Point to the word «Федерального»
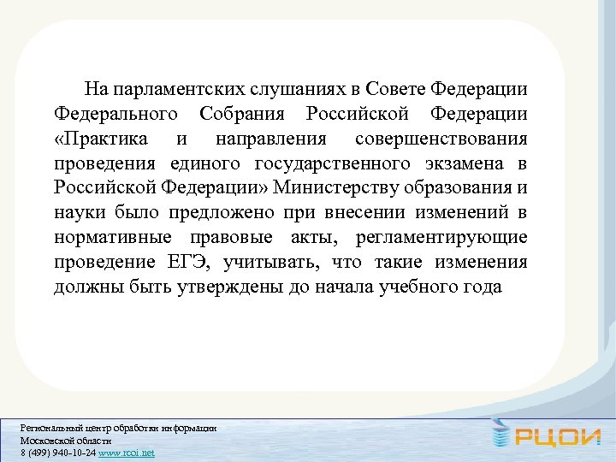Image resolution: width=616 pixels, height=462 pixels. click(x=116, y=114)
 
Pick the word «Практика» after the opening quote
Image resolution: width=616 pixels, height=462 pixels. click(x=101, y=139)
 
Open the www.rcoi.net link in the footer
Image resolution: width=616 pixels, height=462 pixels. click(x=125, y=452)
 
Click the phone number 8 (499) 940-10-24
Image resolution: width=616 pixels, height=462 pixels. click(x=57, y=452)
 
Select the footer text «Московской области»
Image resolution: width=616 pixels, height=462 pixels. click(x=67, y=440)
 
